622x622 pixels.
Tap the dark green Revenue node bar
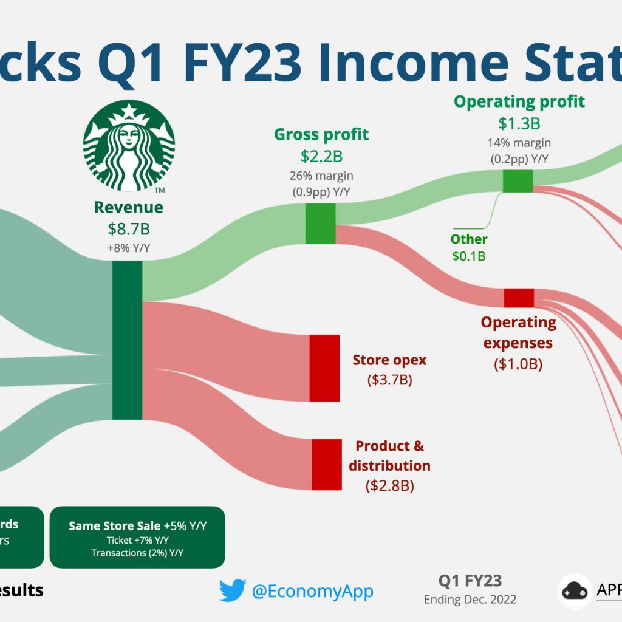click(127, 340)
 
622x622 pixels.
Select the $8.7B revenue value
click(128, 229)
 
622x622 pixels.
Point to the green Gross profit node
click(320, 224)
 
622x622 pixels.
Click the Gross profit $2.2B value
click(321, 156)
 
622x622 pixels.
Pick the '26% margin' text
click(321, 176)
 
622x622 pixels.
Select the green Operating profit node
click(518, 181)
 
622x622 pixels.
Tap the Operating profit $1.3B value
click(519, 123)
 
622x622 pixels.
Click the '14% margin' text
click(519, 143)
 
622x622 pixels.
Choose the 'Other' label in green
click(469, 239)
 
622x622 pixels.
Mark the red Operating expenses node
click(519, 298)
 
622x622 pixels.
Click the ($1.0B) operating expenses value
click(518, 365)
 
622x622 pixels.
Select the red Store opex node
click(324, 367)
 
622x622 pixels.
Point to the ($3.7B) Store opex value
click(389, 380)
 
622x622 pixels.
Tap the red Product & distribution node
click(327, 465)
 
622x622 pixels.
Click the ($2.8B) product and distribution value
click(389, 486)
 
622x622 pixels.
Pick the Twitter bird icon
click(232, 590)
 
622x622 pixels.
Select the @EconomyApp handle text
click(312, 591)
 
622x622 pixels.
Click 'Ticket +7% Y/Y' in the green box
click(137, 540)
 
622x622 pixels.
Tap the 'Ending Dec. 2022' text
click(470, 600)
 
